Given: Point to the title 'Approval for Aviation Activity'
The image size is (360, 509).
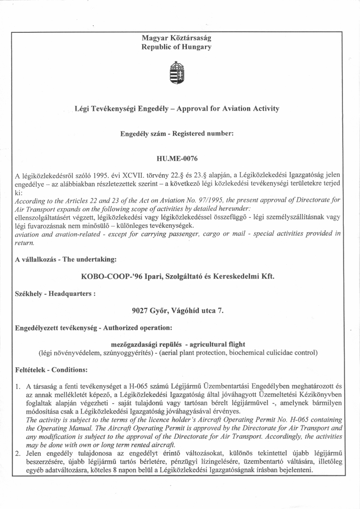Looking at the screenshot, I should pos(227,108).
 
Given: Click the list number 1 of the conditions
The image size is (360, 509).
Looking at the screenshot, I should pos(18,386).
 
